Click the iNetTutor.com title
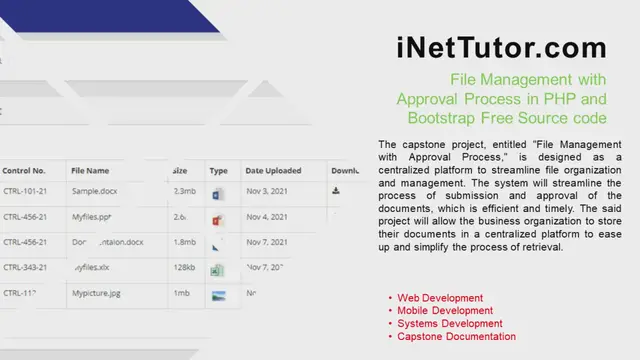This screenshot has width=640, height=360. coord(501,47)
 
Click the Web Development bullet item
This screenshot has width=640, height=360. coord(440,298)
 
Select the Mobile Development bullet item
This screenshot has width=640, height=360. coord(445,311)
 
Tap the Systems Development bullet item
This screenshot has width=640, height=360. coord(449,324)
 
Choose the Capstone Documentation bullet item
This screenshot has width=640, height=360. coord(456,337)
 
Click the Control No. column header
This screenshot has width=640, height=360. coord(25,171)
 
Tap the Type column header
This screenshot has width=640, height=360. coord(219,171)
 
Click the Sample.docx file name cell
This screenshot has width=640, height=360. coord(96,191)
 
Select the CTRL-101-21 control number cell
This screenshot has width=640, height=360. coord(25,191)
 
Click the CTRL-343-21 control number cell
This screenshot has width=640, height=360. coord(25,268)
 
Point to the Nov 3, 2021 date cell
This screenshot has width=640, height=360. coord(266,191)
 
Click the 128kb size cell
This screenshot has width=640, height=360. coord(184,268)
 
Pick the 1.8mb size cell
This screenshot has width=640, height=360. coord(184,242)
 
